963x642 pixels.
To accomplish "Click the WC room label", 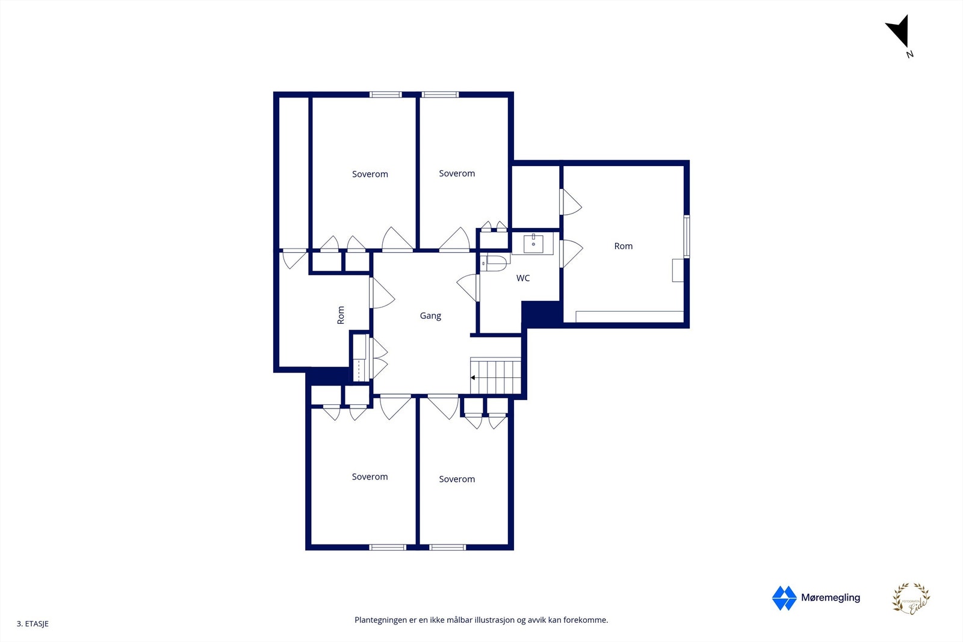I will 523,278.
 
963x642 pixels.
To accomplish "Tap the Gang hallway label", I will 430,316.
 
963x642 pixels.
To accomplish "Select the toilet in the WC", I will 495,263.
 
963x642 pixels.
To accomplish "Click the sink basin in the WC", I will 533,244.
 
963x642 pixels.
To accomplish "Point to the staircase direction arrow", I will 474,378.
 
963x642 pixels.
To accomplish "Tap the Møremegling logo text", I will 830,597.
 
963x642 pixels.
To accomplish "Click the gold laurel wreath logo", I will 911,599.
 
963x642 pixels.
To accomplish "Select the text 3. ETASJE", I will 33,624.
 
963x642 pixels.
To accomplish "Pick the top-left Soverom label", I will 370,174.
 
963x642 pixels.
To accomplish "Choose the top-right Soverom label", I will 457,174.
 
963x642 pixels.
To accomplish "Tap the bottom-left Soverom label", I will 370,477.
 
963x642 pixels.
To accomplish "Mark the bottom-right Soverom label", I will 457,480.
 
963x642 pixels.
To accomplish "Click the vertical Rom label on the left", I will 341,315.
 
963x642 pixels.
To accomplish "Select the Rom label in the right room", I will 623,246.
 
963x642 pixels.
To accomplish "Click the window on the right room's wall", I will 687,236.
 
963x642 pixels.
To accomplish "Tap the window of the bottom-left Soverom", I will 388,547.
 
